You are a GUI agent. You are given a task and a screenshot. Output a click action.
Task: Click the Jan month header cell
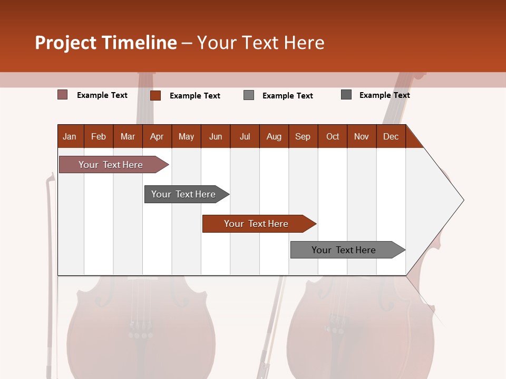tap(70, 136)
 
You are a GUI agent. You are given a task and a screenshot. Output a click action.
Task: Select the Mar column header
tap(128, 136)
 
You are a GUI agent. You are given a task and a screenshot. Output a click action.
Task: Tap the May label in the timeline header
tap(186, 136)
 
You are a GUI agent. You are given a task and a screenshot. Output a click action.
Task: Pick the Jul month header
tap(245, 136)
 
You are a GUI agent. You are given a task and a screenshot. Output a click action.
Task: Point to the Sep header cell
tap(303, 136)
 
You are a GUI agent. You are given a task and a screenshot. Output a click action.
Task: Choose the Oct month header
tap(332, 136)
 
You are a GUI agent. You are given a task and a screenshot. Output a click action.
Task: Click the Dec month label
tap(391, 136)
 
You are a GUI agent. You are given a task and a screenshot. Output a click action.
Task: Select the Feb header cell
tap(99, 136)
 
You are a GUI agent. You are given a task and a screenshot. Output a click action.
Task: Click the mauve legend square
tap(63, 95)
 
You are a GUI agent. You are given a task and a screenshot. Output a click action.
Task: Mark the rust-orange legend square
tap(155, 95)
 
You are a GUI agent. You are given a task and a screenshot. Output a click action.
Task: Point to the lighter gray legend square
tap(249, 95)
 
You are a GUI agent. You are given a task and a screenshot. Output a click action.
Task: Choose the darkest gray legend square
tap(346, 95)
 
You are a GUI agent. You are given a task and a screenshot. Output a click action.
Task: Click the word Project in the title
tap(65, 43)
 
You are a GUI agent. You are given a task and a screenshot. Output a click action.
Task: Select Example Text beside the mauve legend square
tap(102, 95)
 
